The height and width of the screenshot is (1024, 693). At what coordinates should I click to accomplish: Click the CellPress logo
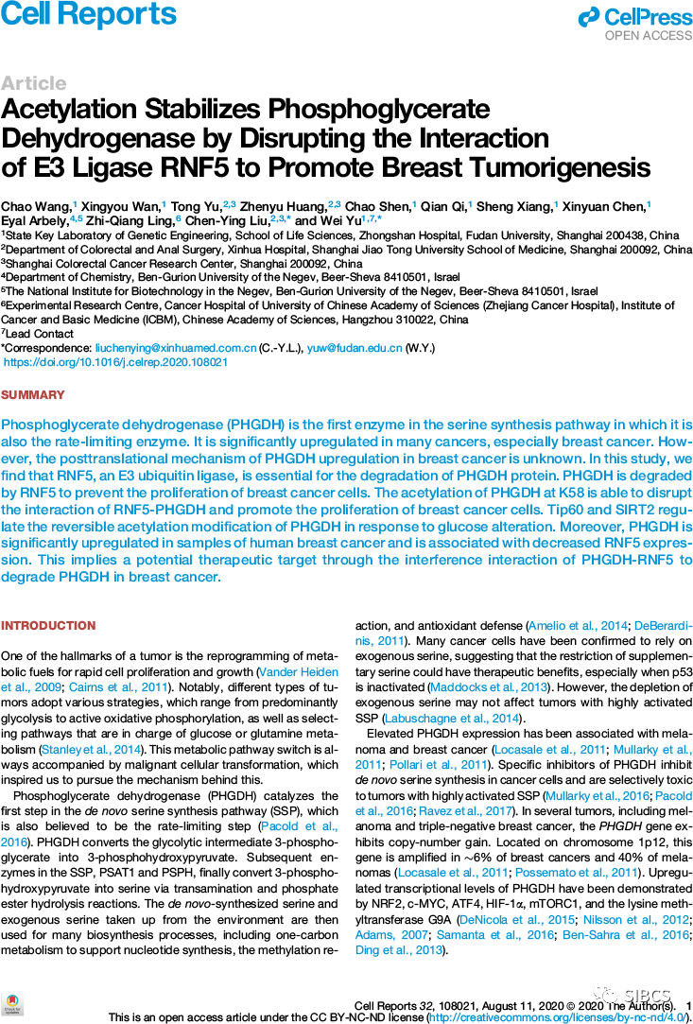[x=636, y=17]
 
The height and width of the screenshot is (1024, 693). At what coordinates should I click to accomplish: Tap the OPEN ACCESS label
[x=649, y=36]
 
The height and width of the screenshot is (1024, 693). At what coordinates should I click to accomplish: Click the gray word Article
[x=33, y=83]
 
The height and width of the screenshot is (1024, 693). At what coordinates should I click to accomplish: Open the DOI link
[x=116, y=362]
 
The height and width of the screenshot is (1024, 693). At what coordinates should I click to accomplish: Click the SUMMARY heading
[x=33, y=395]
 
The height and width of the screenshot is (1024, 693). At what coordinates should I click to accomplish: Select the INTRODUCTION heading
[x=48, y=626]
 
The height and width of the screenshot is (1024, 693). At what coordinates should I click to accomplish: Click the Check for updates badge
[x=12, y=1005]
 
